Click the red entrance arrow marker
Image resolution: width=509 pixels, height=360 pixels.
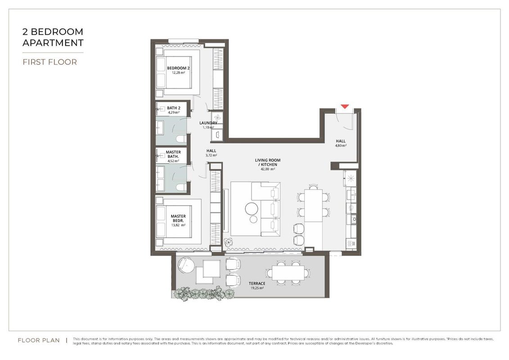pos(344,107)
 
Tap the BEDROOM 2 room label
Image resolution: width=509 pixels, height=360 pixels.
pos(178,68)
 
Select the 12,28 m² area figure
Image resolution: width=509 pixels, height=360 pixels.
pos(178,73)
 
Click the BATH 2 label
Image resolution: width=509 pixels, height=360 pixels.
pos(174,108)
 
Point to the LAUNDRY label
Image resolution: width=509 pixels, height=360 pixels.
pos(208,123)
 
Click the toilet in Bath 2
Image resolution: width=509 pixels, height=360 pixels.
pos(181,139)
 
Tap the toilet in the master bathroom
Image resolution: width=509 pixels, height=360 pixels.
pos(181,187)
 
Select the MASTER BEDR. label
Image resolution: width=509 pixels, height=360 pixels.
pos(178,218)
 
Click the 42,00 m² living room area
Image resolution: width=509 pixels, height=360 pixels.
pos(268,169)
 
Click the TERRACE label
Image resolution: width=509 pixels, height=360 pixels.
pos(257,283)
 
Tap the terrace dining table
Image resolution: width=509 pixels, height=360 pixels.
pos(288,273)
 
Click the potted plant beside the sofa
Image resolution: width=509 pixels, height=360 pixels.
pos(228,242)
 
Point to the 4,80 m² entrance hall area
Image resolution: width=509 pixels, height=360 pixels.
pos(341,146)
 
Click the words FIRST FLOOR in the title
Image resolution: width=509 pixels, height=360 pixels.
pos(50,62)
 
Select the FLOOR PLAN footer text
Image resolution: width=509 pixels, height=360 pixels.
pos(39,340)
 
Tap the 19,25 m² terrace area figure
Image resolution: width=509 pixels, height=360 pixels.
pos(257,288)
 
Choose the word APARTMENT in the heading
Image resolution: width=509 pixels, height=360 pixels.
pos(53,43)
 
